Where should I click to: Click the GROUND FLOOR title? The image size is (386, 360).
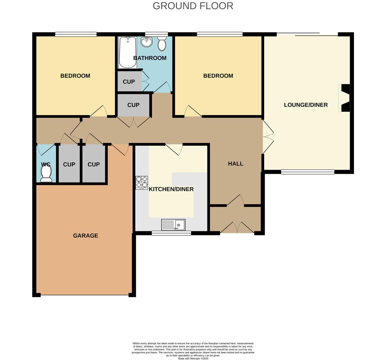[193, 6]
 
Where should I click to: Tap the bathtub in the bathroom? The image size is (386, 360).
[128, 52]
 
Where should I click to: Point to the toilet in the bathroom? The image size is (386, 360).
[162, 43]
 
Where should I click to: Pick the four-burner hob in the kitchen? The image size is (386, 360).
[142, 183]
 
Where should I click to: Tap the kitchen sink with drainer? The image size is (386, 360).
[173, 224]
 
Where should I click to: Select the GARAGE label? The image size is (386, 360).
[86, 236]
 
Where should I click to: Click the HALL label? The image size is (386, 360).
[235, 164]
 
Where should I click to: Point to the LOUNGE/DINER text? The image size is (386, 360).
[306, 105]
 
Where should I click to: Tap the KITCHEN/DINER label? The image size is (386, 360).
[171, 189]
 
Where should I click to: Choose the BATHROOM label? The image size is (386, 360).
[150, 58]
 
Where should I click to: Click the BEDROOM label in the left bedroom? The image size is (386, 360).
[75, 76]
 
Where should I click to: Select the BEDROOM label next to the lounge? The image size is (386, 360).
[218, 76]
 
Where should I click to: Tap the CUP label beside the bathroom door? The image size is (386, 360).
[129, 82]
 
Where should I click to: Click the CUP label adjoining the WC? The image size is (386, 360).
[69, 164]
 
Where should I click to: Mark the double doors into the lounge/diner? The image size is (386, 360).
[268, 137]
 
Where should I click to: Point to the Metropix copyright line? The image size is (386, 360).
[193, 359]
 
